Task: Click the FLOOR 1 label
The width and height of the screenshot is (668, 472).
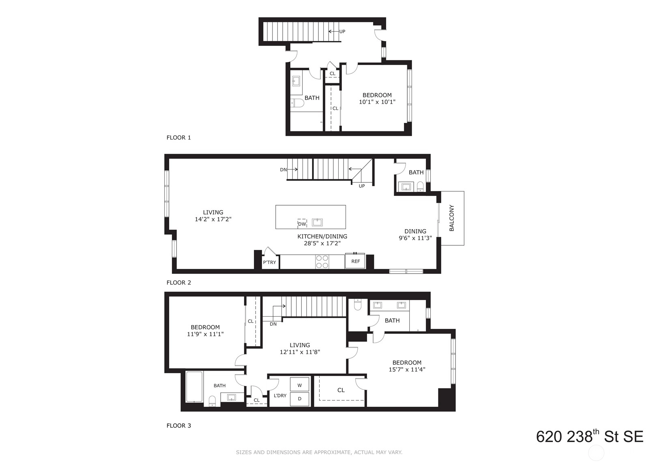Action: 178,137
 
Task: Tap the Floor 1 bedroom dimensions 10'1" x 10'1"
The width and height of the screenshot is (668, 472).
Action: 377,102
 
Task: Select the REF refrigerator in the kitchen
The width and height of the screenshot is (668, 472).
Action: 355,261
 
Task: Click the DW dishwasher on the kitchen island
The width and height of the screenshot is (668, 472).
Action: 302,223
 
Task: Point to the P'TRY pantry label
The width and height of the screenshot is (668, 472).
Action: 269,262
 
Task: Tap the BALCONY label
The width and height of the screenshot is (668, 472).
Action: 451,218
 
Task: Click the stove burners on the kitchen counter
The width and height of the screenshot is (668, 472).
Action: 322,262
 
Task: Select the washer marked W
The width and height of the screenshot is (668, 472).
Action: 299,385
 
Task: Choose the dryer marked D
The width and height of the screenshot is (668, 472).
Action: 299,399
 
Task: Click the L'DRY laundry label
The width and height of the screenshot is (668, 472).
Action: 280,395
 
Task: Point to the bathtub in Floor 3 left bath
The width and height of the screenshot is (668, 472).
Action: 194,387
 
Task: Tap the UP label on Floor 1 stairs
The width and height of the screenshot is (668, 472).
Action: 342,31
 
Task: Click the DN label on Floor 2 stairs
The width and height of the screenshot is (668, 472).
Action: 283,169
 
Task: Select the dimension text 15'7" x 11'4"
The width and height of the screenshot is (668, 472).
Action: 407,369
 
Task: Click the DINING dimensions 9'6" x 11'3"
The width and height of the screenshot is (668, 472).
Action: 415,238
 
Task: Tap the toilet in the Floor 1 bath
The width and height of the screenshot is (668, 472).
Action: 297,103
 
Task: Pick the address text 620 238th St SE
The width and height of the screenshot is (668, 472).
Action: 590,436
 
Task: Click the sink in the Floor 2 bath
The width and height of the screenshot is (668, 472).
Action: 406,187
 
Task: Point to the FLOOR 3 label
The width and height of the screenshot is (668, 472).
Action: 178,425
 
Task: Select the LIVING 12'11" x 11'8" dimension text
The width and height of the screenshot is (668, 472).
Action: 300,352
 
